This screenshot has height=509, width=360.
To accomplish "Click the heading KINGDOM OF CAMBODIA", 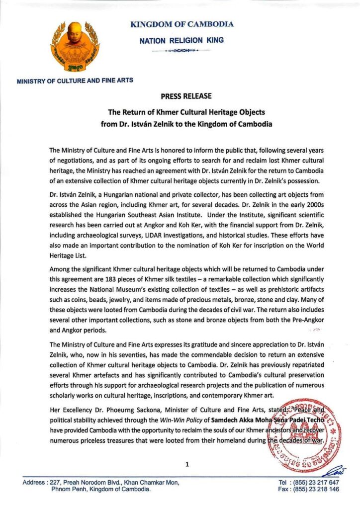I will tap(181, 24).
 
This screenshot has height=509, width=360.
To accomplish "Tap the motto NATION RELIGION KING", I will tap(181, 40).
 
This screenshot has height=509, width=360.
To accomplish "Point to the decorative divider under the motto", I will tap(181, 51).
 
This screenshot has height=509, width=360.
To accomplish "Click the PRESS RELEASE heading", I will tap(186, 96).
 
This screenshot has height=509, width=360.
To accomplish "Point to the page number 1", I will tap(186, 464).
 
